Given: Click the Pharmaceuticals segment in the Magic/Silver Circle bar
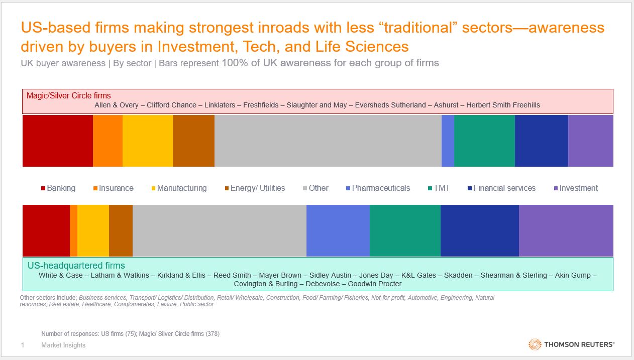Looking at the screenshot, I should (448, 141).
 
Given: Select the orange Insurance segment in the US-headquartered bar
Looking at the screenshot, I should (73, 230).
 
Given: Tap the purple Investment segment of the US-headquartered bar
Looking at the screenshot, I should (566, 230).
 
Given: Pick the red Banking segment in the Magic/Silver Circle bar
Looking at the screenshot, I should (58, 141).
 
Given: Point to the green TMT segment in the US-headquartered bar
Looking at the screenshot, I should (405, 230).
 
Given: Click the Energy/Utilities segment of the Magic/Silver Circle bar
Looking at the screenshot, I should (193, 141).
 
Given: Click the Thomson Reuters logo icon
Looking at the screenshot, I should (535, 344).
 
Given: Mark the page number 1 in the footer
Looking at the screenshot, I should (22, 345).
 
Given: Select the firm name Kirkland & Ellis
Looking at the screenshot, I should (183, 275).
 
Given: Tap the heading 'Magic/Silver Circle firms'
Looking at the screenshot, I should (68, 95).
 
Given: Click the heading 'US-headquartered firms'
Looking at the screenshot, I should (76, 266).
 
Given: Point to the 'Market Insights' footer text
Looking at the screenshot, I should (63, 345).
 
